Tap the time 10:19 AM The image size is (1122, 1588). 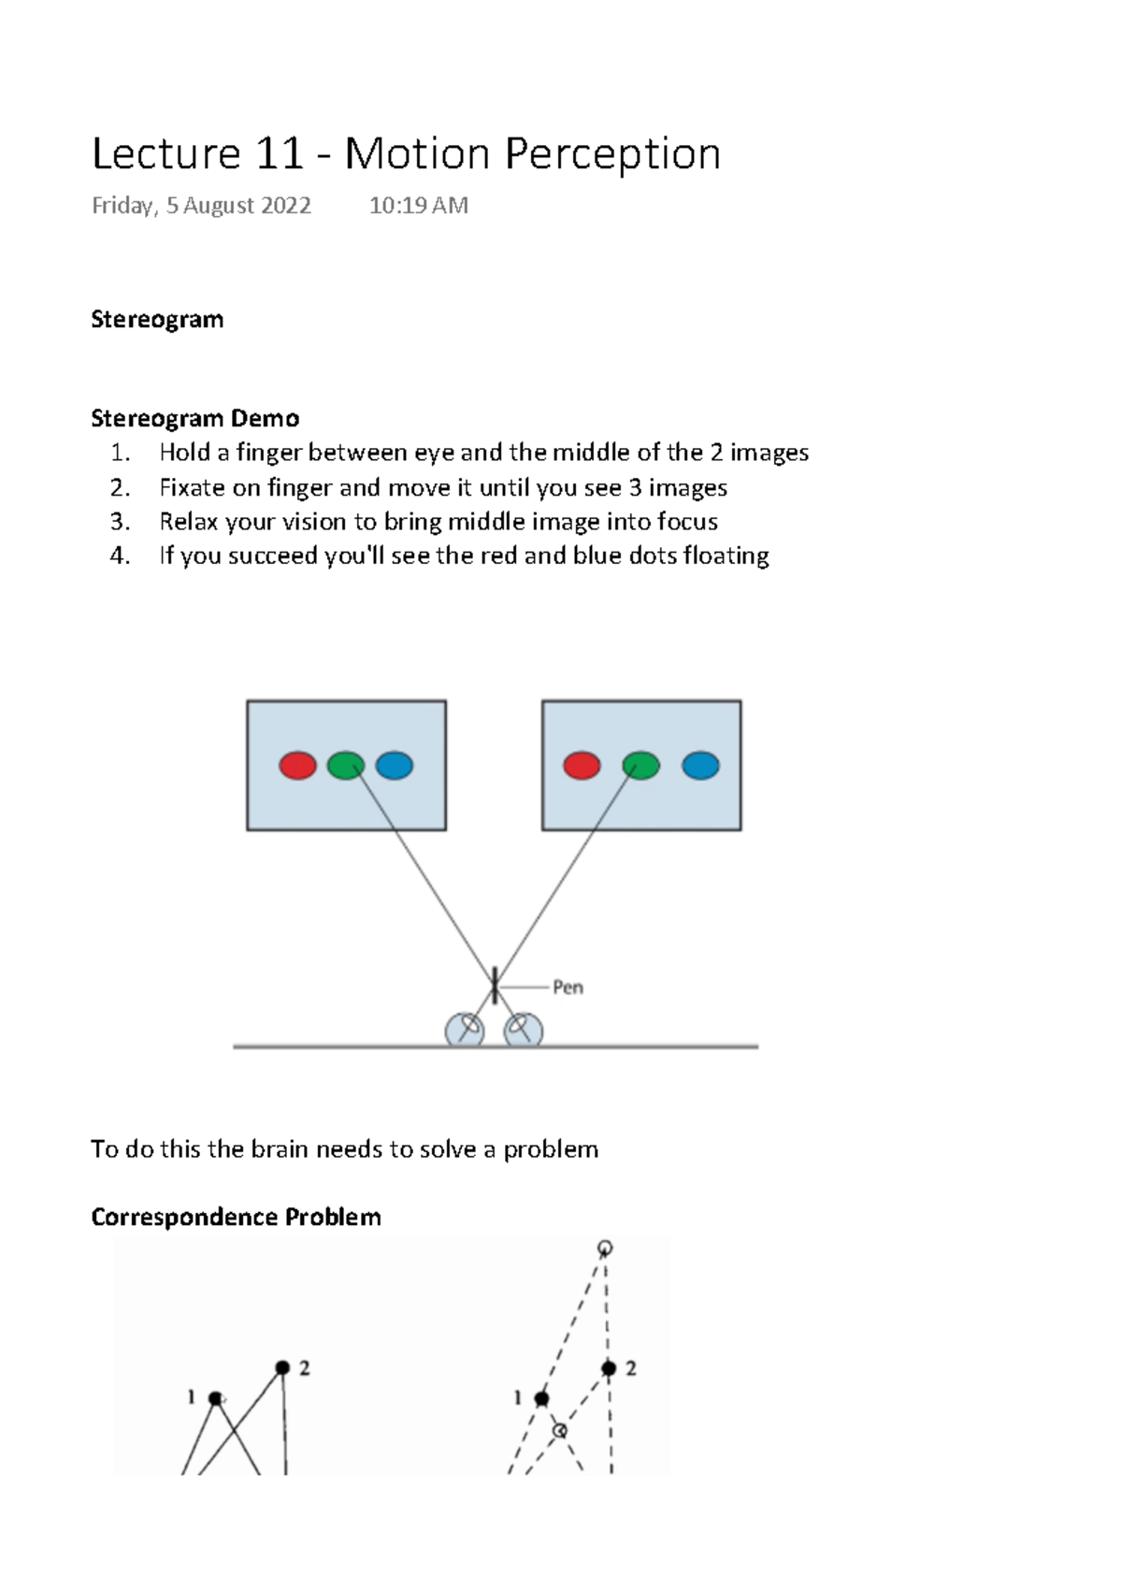(418, 206)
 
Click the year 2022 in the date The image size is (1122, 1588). (286, 206)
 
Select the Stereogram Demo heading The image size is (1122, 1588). (194, 418)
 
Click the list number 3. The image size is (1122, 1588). (119, 522)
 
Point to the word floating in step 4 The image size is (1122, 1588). (726, 556)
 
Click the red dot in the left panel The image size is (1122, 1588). (298, 766)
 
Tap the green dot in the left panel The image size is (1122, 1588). (346, 766)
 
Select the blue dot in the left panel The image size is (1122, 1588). (394, 766)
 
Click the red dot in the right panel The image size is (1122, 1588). (582, 766)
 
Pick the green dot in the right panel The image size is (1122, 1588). (640, 766)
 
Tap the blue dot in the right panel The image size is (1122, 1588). (700, 766)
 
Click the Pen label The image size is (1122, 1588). (568, 988)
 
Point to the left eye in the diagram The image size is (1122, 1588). (465, 1030)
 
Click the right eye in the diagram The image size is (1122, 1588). (523, 1030)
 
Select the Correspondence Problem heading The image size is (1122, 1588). (236, 1217)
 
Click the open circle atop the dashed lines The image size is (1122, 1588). (605, 1248)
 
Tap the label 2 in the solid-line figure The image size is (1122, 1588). (304, 1368)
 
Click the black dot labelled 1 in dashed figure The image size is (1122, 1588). (541, 1399)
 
